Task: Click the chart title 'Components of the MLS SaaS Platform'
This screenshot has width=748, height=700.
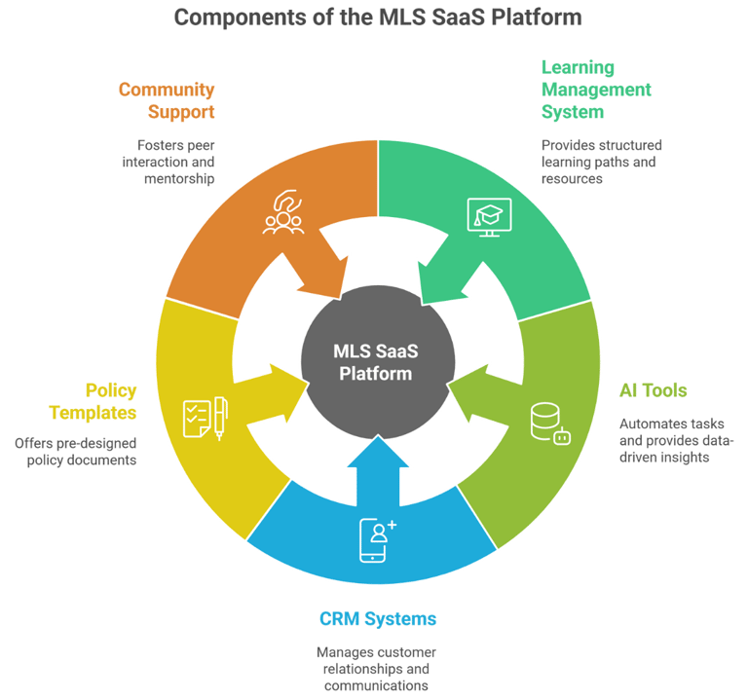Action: (377, 18)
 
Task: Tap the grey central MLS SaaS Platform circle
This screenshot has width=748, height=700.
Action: (378, 362)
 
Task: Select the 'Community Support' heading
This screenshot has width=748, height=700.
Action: (167, 100)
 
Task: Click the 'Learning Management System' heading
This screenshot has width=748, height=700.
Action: (596, 90)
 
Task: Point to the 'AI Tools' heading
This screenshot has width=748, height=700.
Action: (654, 390)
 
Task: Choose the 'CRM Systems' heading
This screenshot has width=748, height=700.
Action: (378, 619)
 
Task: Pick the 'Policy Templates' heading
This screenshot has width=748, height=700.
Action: (93, 401)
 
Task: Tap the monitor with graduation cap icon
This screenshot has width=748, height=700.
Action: (490, 217)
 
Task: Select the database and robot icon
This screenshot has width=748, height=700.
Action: (550, 424)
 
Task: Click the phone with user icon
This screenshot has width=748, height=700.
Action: (377, 540)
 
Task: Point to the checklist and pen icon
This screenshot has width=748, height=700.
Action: (206, 419)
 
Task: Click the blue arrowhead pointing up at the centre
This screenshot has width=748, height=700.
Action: (378, 451)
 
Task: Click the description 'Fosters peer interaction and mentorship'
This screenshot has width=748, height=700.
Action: (168, 163)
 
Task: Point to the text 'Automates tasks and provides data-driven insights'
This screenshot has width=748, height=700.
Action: (677, 441)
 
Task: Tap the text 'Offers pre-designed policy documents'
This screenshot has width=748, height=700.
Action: (75, 452)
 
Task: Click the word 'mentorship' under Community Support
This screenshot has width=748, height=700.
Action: (179, 179)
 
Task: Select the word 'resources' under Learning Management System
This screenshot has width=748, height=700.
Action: (572, 179)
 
